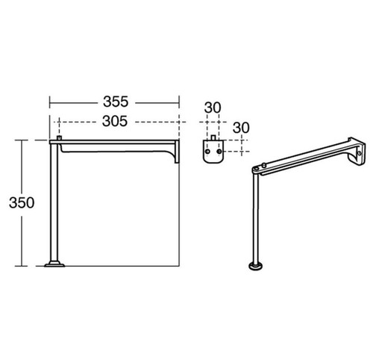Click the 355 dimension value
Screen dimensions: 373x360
coord(116,102)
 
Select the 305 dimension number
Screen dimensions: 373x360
coord(115,121)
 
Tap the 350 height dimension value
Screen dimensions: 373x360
coord(22,202)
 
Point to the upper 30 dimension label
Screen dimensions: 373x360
coord(213,108)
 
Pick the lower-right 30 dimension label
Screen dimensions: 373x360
coord(241,128)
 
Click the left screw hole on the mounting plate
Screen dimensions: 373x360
coord(207,152)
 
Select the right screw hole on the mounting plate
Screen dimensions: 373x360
coord(219,152)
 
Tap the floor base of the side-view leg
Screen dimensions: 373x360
coord(54,264)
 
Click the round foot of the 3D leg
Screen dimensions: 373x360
coord(255,266)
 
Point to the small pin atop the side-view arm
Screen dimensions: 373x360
coord(59,137)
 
